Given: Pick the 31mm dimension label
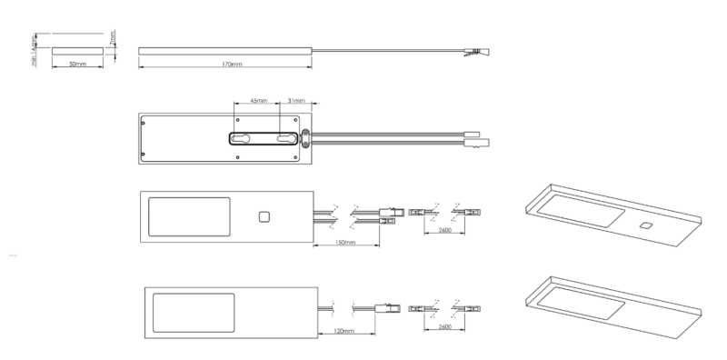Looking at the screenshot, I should pyautogui.click(x=296, y=102).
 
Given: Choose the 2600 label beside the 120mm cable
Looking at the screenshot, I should pyautogui.click(x=444, y=325).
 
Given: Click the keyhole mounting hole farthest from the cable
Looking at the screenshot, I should pyautogui.click(x=242, y=138).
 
